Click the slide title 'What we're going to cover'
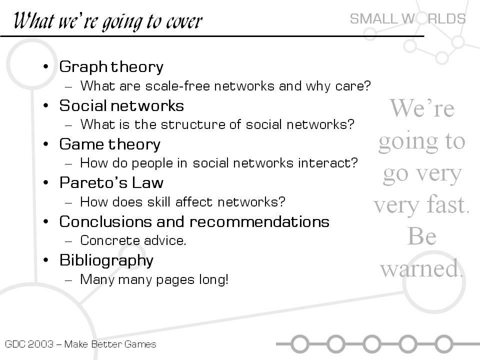108,21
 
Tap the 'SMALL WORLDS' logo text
408,19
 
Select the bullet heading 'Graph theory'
111,66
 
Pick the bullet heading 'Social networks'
121,106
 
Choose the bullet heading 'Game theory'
110,144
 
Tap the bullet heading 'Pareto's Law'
111,183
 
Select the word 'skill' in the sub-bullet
158,202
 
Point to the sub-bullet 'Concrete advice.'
133,240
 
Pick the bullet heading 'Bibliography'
106,261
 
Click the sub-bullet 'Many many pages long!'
154,280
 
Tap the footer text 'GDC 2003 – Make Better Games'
80,344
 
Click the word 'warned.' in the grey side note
421,268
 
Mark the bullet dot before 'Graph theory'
46,66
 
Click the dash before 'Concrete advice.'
68,241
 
